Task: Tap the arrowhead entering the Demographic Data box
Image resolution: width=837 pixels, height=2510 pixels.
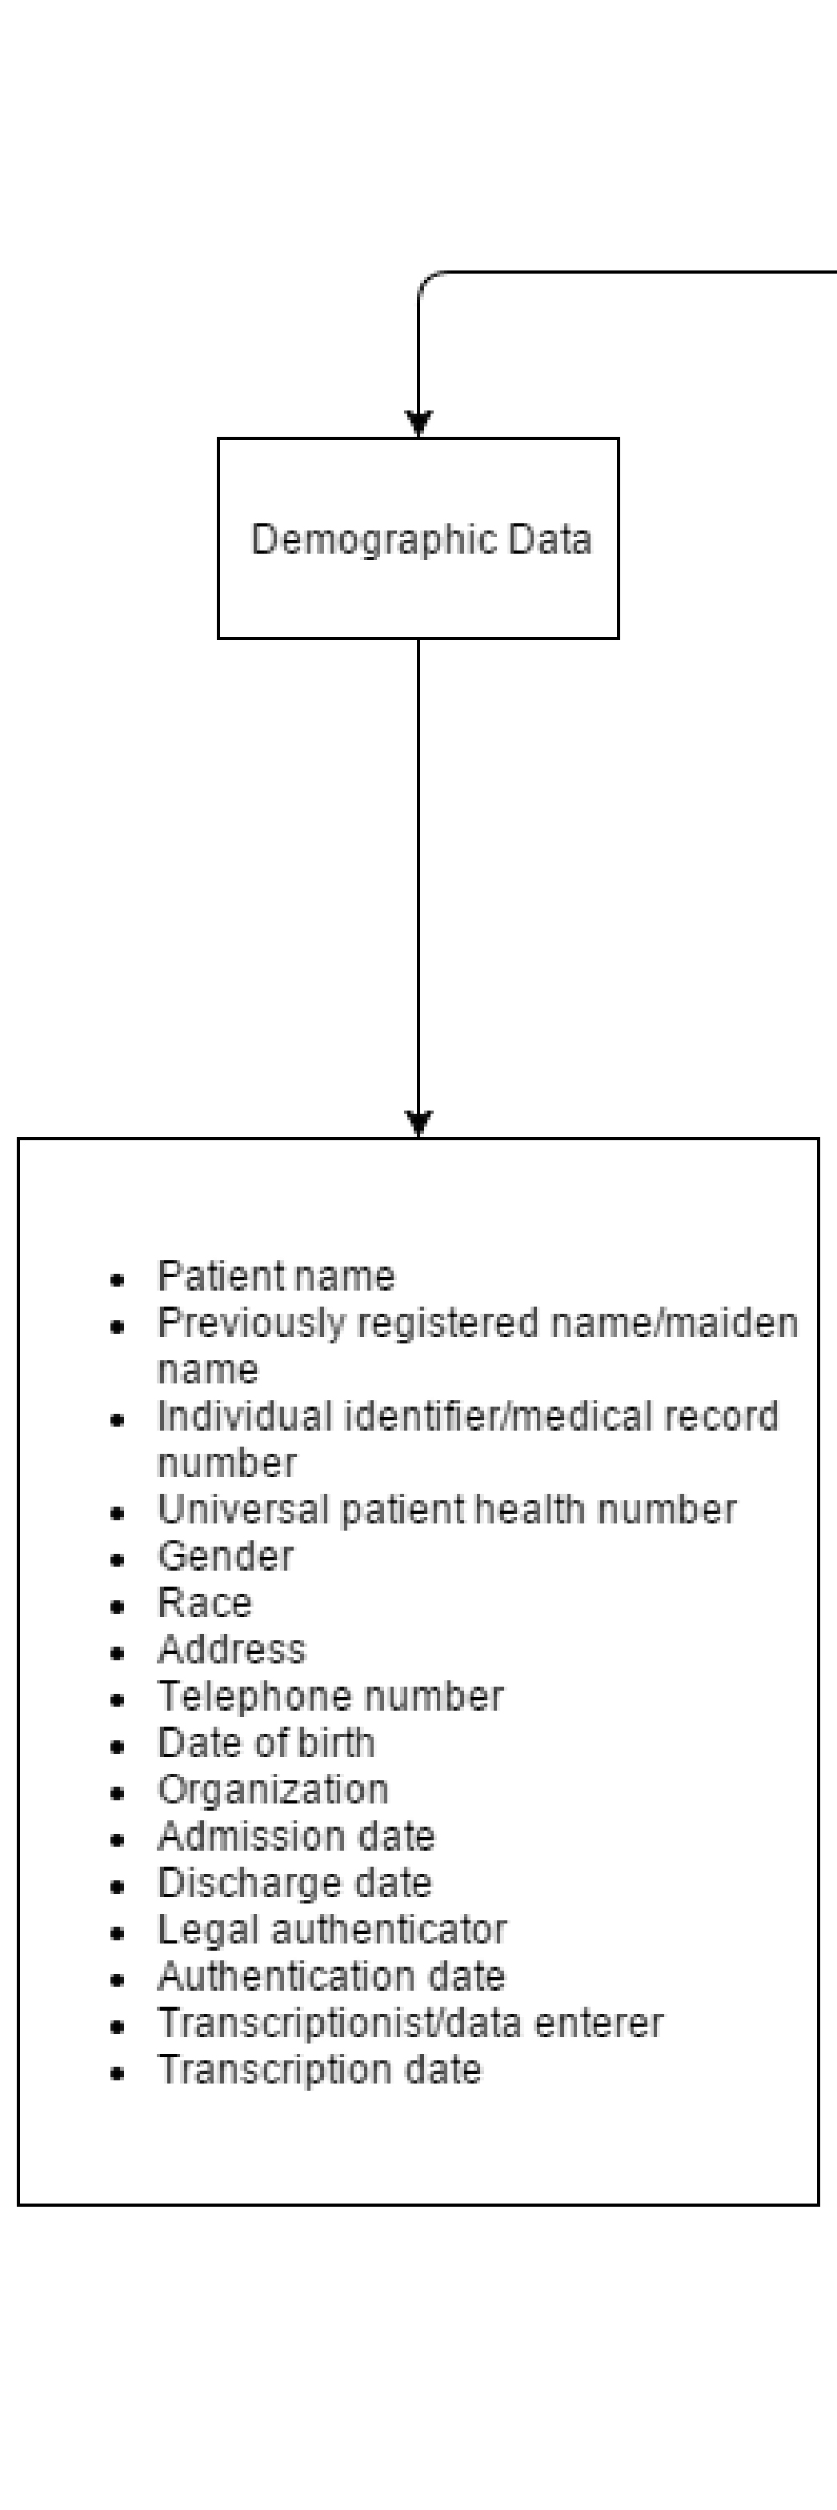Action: [419, 425]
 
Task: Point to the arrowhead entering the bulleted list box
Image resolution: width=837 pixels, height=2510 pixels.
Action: [419, 1124]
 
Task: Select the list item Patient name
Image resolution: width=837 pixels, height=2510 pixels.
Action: [276, 1276]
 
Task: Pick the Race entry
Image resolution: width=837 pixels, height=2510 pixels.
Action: [205, 1603]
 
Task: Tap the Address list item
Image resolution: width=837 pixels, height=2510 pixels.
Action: [232, 1650]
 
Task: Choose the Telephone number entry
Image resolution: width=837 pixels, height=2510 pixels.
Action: [330, 1696]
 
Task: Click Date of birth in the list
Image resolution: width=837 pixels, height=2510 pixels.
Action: [266, 1743]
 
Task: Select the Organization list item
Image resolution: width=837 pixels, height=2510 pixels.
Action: [273, 1790]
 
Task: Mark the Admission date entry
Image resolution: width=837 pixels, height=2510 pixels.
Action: [296, 1837]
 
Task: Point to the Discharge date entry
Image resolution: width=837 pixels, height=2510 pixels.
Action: [294, 1884]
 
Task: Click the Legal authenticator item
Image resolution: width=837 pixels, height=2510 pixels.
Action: [332, 1930]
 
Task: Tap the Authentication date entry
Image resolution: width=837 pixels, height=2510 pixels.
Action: [331, 1977]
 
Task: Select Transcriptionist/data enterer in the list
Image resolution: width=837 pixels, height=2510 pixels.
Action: [410, 2024]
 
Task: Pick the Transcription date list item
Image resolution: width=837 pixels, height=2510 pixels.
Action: [319, 2071]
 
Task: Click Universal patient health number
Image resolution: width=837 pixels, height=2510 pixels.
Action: [447, 1509]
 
